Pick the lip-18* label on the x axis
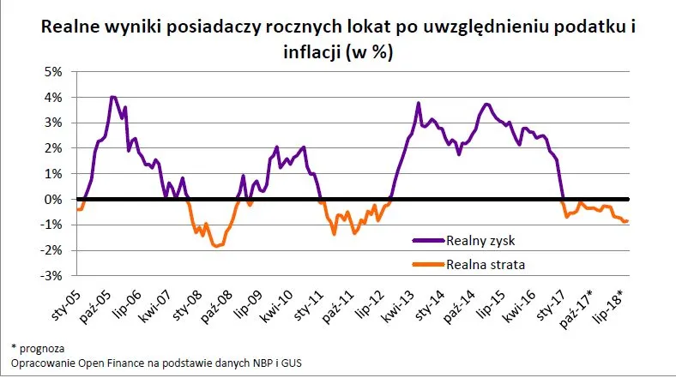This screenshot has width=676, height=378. click(x=608, y=303)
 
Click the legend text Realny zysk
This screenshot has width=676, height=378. click(x=482, y=241)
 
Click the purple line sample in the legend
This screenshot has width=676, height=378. click(x=428, y=241)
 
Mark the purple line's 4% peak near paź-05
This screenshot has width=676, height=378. click(x=112, y=97)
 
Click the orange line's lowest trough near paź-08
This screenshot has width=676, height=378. click(x=218, y=246)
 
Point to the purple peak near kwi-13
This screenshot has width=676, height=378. click(x=418, y=103)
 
